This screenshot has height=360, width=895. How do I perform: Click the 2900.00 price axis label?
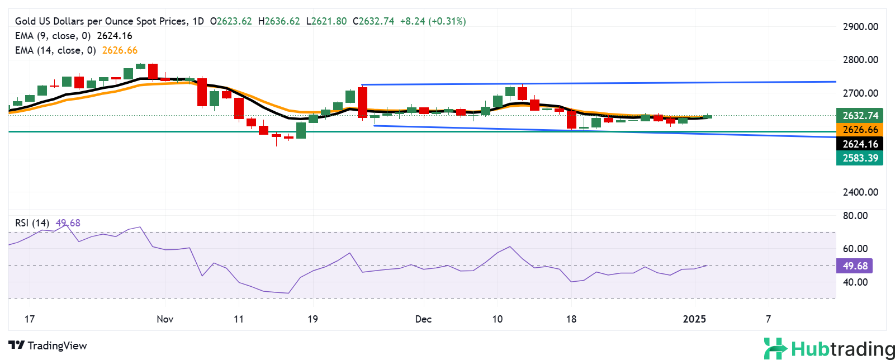tap(860, 27)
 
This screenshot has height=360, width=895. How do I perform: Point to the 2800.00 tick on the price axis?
tap(860, 60)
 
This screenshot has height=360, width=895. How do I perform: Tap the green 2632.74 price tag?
tap(860, 116)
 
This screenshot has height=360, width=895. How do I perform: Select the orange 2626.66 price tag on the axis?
tap(860, 130)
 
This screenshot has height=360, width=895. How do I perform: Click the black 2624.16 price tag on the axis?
tap(860, 144)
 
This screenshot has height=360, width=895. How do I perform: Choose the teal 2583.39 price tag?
tap(860, 158)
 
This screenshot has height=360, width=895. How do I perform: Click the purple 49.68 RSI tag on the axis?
tap(854, 266)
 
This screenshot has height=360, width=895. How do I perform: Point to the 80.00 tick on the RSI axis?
tap(855, 216)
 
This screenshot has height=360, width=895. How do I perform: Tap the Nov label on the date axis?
tap(165, 319)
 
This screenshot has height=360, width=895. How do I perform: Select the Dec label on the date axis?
tap(423, 319)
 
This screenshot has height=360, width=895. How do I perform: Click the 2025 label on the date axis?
tap(694, 319)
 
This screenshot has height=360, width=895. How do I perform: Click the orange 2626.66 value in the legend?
tap(120, 50)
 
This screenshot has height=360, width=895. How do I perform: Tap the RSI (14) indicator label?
tap(32, 223)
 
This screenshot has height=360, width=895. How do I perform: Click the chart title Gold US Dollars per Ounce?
tap(101, 21)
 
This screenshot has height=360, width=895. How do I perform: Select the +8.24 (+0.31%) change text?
tap(433, 21)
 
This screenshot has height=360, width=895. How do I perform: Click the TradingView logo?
tap(48, 345)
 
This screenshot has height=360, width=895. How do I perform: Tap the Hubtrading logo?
tap(829, 349)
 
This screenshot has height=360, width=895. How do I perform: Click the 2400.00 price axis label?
tap(860, 192)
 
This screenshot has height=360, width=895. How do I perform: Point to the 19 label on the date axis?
tap(312, 319)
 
